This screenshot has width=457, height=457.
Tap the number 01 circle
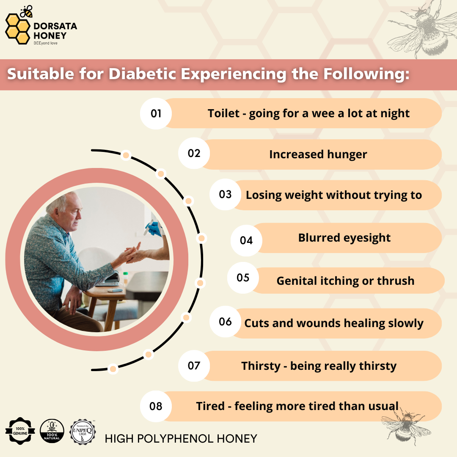click(156, 113)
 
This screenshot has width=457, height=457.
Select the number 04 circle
click(246, 240)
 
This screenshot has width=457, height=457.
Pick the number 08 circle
click(156, 406)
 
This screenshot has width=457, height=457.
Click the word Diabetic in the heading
click(142, 74)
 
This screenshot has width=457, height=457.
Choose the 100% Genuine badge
click(20, 431)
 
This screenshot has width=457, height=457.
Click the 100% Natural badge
click(52, 431)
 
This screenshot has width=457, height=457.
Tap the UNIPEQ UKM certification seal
click(83, 432)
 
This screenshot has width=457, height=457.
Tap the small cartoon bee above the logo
click(26, 12)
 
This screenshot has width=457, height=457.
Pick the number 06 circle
click(225, 322)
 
